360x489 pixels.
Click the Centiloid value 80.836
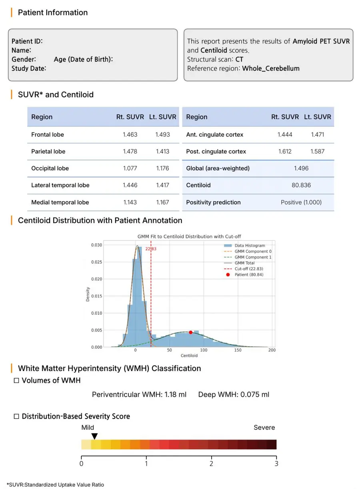[301, 185]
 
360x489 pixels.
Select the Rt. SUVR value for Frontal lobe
[130, 135]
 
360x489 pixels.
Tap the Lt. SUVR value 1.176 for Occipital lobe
[162, 168]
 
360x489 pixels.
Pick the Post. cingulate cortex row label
[216, 152]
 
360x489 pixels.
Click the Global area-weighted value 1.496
[301, 168]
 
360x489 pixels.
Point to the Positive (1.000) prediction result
[301, 202]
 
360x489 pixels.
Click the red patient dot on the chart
[191, 332]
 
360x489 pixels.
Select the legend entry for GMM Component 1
[253, 257]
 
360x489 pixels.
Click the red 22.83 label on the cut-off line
[151, 249]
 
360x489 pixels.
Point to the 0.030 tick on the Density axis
[96, 245]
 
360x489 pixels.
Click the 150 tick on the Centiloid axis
[238, 351]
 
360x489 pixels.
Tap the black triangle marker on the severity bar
[94, 436]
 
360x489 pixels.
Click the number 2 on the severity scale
[211, 464]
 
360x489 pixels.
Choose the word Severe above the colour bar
[264, 427]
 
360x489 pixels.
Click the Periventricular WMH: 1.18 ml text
[139, 395]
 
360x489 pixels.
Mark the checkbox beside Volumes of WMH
[16, 381]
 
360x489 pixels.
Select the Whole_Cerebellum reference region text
[271, 68]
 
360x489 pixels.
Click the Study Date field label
[28, 68]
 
